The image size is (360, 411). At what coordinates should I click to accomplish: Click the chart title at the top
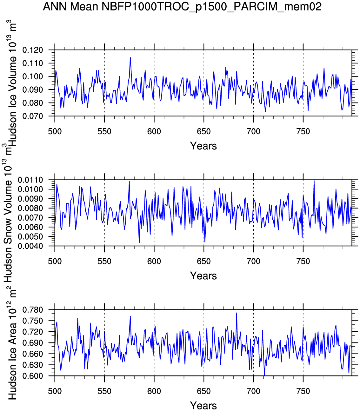tap(182, 6)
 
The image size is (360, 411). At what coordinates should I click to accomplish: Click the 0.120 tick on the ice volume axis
tap(33, 50)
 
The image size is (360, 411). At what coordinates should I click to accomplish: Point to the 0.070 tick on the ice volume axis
tap(33, 116)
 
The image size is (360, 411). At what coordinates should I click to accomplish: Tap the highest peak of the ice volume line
tap(130, 58)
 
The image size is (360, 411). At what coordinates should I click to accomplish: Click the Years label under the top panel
tap(203, 146)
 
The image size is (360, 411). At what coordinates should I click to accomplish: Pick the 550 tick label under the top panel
tap(104, 131)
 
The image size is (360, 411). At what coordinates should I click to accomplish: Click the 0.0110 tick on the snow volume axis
tap(30, 180)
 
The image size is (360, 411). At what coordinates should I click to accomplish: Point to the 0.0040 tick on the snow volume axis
tap(30, 246)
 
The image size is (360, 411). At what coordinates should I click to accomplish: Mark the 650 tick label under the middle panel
tap(203, 262)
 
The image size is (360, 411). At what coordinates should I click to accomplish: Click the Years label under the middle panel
tap(203, 276)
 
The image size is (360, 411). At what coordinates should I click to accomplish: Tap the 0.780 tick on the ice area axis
tap(33, 310)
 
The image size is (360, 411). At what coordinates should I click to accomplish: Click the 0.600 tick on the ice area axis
tap(33, 376)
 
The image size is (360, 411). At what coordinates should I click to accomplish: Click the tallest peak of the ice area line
tap(237, 313)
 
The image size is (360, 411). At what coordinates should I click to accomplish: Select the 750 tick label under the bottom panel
tap(303, 391)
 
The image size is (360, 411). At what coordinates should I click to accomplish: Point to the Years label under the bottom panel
tap(203, 405)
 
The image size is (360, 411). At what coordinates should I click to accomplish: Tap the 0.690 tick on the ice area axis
tap(33, 343)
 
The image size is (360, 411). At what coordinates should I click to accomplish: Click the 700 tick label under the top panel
tap(253, 131)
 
